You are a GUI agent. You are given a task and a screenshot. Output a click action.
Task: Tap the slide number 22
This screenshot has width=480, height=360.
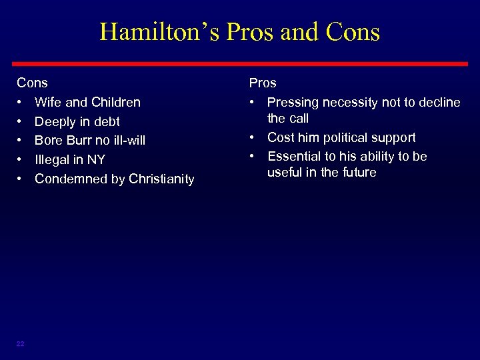coord(20,343)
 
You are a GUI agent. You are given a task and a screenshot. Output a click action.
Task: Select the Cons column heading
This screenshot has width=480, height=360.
coord(32,83)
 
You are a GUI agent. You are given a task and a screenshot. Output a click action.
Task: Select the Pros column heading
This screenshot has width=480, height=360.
coord(263,83)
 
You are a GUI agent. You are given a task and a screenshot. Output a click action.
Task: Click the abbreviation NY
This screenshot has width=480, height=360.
coord(96,159)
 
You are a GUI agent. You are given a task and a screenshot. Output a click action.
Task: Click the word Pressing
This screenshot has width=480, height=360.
coord(292,102)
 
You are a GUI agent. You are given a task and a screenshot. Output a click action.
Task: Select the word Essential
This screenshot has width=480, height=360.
coord(295,156)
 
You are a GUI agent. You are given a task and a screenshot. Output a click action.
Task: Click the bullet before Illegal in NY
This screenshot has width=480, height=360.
coord(21,159)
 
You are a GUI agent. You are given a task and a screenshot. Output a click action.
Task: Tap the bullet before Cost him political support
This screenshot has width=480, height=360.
coord(254,137)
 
